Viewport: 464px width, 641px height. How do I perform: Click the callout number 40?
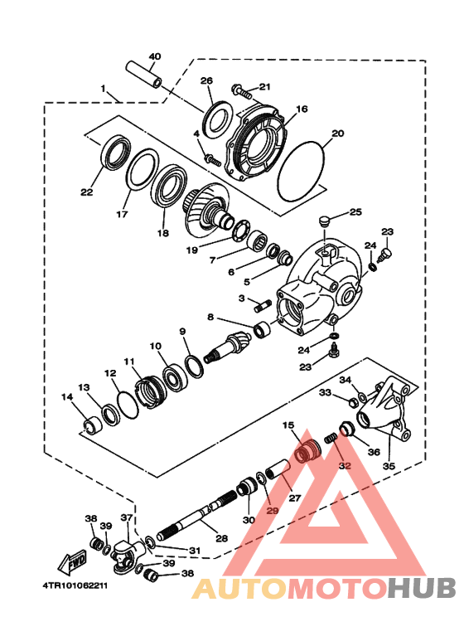coord(155,56)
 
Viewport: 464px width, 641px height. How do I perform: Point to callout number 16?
coord(301,109)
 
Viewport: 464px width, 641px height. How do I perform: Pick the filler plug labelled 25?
coord(326,221)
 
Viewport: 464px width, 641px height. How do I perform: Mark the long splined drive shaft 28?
coord(199,515)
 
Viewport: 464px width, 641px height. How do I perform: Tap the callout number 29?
coord(273,512)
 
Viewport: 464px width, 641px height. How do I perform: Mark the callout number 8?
coord(211,317)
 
